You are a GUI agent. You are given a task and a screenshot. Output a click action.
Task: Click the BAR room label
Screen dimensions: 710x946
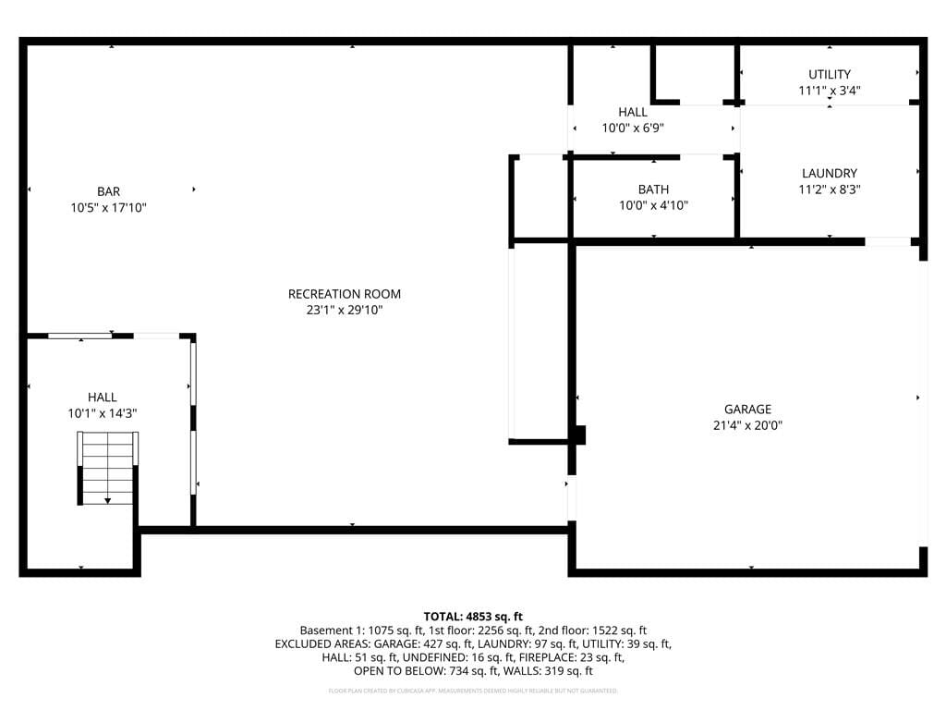click(108, 192)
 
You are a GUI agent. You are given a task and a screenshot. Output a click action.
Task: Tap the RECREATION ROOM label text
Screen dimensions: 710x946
click(345, 294)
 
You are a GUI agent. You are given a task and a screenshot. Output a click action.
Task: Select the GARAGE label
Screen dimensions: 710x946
click(747, 410)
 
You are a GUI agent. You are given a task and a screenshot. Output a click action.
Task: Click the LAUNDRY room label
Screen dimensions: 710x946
click(829, 173)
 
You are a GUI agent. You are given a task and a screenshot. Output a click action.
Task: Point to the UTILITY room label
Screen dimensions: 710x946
click(829, 74)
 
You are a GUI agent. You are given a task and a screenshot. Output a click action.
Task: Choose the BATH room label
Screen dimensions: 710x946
click(653, 190)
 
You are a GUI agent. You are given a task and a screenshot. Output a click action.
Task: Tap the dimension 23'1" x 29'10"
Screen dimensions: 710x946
click(345, 311)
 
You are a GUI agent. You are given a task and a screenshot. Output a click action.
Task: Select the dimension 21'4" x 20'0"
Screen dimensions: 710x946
click(747, 426)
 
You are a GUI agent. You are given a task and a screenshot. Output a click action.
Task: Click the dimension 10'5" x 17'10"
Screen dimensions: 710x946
click(108, 208)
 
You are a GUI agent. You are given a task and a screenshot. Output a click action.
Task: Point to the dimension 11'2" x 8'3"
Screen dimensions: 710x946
click(829, 190)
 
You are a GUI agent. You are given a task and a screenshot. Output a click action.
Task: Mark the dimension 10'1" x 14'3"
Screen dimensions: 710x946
click(103, 413)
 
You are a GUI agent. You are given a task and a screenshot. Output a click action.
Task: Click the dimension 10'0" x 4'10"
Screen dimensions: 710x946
click(653, 205)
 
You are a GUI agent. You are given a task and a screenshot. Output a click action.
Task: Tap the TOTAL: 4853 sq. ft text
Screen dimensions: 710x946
click(473, 616)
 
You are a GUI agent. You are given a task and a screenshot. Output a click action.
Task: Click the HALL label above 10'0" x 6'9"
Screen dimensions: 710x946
click(633, 112)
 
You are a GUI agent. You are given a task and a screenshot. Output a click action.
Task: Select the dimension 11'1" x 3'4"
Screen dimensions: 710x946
click(829, 91)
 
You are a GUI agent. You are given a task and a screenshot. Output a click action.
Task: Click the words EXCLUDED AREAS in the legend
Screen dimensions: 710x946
click(320, 643)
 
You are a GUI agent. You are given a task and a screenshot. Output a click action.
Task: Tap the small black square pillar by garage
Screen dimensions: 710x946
click(579, 435)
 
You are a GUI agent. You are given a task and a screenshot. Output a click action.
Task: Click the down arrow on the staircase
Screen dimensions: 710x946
click(108, 499)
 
